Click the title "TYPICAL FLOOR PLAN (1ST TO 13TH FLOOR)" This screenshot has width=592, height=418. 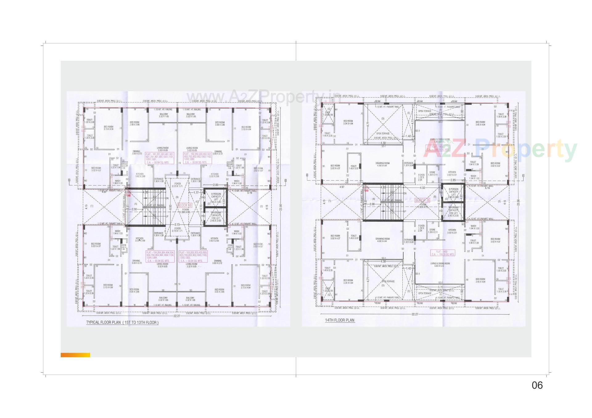(122, 323)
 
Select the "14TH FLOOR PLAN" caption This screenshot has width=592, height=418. (340, 320)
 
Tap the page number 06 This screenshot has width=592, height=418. (537, 385)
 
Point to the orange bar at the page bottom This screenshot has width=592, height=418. (75, 355)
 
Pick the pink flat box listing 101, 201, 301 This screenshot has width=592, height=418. (160, 158)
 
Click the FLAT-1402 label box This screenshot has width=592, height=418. (443, 253)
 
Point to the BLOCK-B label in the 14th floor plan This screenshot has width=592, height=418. (422, 200)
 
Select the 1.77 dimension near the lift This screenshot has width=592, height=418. (196, 193)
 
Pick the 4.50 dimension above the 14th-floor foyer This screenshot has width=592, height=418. (422, 188)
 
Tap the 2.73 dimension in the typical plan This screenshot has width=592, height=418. (177, 224)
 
